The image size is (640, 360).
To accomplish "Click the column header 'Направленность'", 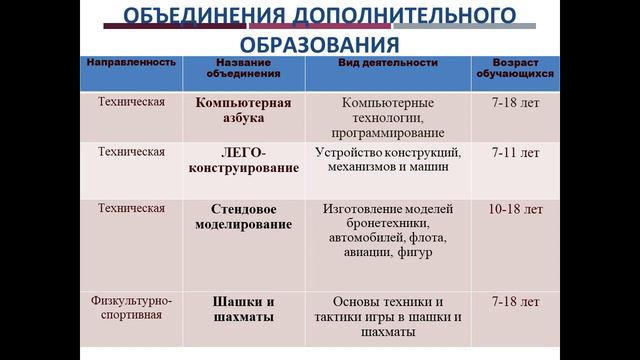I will [x=131, y=62].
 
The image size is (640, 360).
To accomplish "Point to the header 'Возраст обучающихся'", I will [x=516, y=68].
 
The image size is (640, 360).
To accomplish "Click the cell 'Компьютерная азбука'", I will [x=243, y=110].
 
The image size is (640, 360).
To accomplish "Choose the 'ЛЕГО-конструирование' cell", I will [x=243, y=160].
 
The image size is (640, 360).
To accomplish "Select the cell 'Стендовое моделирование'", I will [x=243, y=217].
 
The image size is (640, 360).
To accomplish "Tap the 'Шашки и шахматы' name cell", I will [x=243, y=309].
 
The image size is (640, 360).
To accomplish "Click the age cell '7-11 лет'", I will [x=516, y=153].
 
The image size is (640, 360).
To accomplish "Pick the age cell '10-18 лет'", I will [x=516, y=210].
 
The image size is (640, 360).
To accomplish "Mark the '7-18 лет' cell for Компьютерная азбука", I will [x=516, y=103].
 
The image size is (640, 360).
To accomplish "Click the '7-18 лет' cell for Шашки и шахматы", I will [x=516, y=301].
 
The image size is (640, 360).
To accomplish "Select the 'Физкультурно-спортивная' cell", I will [x=131, y=309].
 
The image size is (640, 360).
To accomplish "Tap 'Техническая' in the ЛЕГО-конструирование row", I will [x=131, y=153].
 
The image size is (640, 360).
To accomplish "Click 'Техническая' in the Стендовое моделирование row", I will [x=131, y=209].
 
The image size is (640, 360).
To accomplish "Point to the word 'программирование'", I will [x=388, y=133].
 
